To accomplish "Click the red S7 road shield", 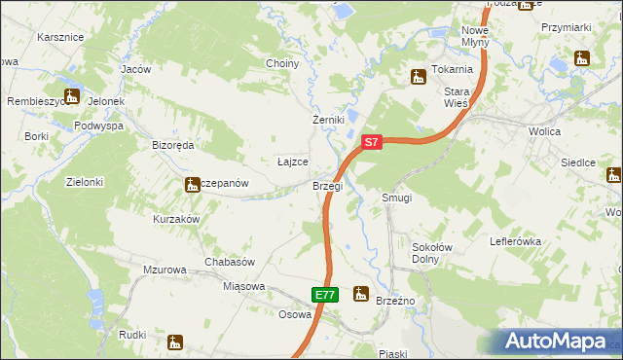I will (370, 142).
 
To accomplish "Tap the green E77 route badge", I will (325, 295).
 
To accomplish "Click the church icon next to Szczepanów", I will (192, 184).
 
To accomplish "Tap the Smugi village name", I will (397, 198).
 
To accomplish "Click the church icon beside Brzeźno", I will (361, 293).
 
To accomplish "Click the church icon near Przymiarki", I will (582, 57).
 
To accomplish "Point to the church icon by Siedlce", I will (613, 175).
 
